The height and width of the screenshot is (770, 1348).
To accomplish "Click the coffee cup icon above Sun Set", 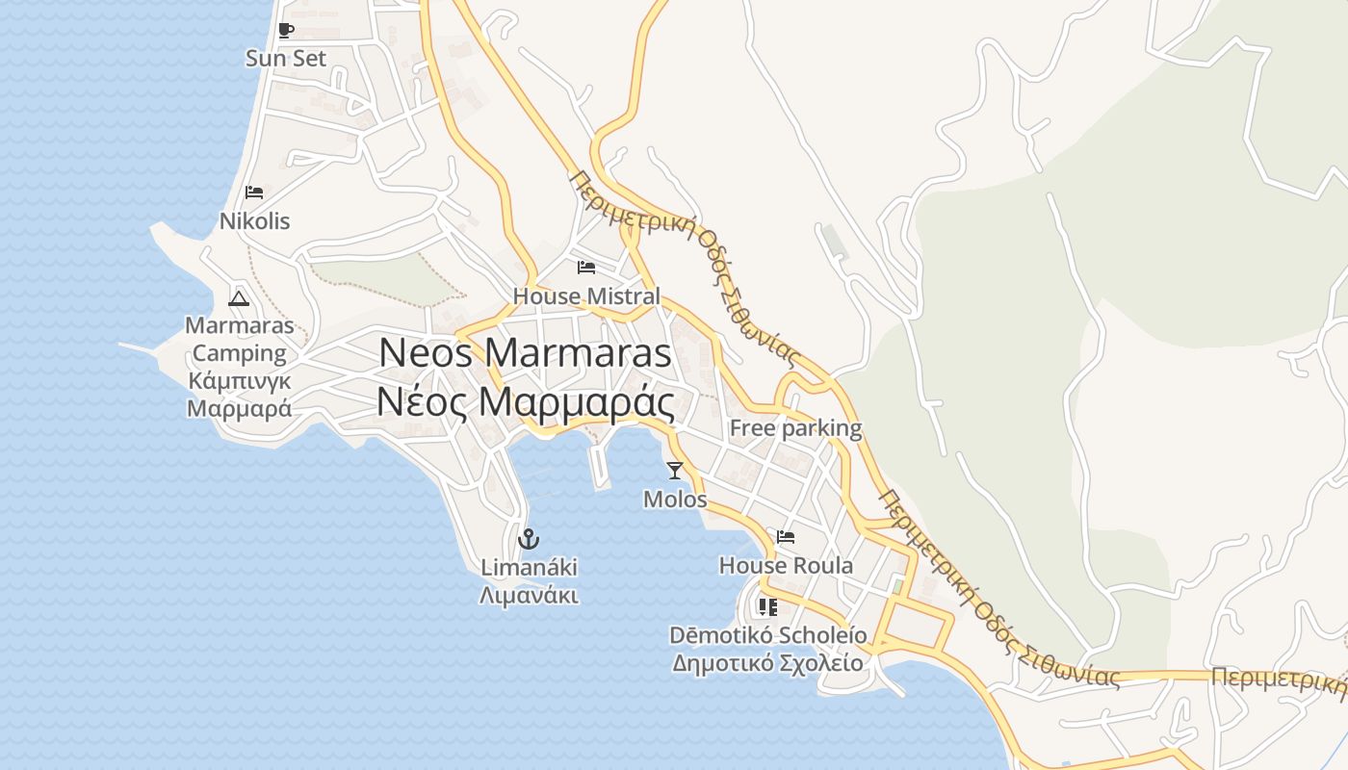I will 285,31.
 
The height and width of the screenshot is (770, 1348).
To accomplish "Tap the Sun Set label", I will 286,59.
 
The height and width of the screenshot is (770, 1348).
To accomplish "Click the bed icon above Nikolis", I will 254,192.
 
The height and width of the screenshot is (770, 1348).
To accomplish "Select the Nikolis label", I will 254,221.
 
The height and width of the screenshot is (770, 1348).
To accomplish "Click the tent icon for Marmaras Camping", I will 239,297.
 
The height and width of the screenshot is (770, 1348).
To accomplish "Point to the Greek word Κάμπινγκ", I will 239,380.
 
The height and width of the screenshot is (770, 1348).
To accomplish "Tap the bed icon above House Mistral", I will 585,267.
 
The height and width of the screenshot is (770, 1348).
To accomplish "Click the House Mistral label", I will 586,296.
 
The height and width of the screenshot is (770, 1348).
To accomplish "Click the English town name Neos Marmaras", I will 525,353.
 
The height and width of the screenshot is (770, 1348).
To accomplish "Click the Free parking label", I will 795,428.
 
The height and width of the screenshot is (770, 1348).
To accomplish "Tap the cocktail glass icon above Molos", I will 674,471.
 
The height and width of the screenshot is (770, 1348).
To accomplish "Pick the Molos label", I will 675,500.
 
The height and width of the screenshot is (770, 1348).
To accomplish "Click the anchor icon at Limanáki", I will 528,539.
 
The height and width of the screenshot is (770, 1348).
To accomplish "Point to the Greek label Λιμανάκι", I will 529,596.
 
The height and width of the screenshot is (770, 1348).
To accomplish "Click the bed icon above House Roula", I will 786,537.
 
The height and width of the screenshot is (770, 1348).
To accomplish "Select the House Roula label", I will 786,566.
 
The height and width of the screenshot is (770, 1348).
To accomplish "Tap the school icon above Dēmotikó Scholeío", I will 767,606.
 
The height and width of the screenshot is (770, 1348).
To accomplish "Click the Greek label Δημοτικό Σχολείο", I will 767,663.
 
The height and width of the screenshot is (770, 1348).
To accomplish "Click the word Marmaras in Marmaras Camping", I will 240,325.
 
